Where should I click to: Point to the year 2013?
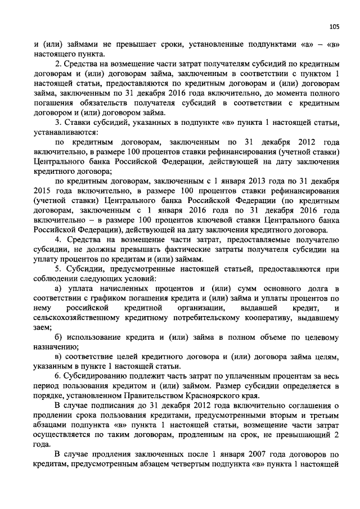click(x=264, y=182)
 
